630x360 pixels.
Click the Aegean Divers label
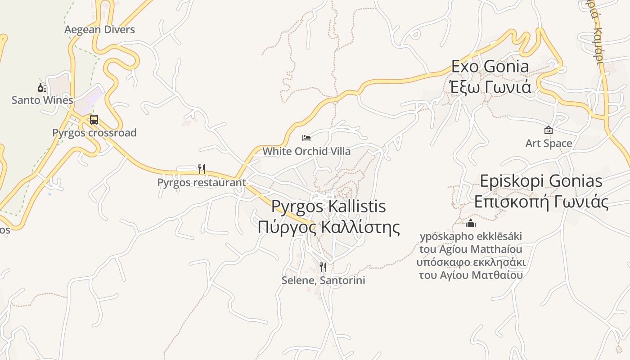(99, 30)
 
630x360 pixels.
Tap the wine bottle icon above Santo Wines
(42, 87)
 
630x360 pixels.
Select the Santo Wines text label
(42, 100)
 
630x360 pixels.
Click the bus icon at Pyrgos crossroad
(94, 120)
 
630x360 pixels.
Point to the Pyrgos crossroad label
(94, 133)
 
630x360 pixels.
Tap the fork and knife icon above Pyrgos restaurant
(202, 169)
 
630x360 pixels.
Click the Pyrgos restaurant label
(202, 182)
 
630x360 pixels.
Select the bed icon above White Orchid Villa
(306, 138)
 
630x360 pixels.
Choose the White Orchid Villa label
(306, 151)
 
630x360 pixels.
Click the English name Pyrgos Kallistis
(328, 207)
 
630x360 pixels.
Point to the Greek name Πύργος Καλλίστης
(328, 227)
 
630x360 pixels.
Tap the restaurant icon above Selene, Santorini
(323, 267)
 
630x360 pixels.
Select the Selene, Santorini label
(323, 280)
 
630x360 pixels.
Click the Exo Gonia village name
(490, 67)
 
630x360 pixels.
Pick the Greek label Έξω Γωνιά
(490, 86)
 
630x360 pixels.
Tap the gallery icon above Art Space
(549, 130)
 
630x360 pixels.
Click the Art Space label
(549, 144)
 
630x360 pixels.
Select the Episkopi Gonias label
(541, 181)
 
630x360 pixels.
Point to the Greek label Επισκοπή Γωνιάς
(541, 202)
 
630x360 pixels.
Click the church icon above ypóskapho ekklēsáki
(471, 223)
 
